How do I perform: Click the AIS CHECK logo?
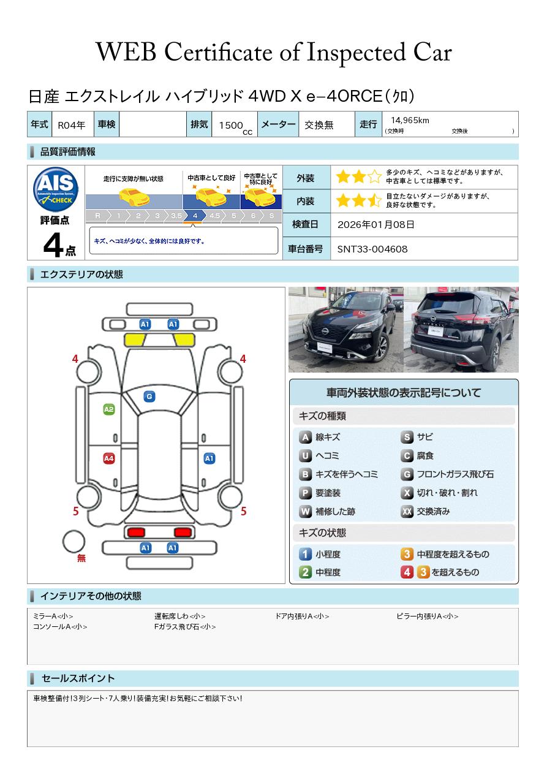pyautogui.click(x=56, y=189)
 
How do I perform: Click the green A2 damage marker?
pyautogui.click(x=109, y=409)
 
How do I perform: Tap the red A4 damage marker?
pyautogui.click(x=109, y=458)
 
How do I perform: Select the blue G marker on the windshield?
pyautogui.click(x=149, y=396)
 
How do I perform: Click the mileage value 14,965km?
pyautogui.click(x=410, y=120)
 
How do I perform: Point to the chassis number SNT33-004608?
pyautogui.click(x=372, y=249)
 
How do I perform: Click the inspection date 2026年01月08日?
pyautogui.click(x=375, y=224)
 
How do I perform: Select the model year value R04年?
pyautogui.click(x=72, y=125)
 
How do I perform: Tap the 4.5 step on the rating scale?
pyautogui.click(x=215, y=216)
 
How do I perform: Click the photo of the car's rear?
pyautogui.click(x=461, y=329)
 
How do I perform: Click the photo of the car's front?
pyautogui.click(x=346, y=329)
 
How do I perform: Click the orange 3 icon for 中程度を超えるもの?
pyautogui.click(x=407, y=554)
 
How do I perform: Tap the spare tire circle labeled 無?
pyautogui.click(x=74, y=541)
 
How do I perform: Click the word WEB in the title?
pyautogui.click(x=126, y=52)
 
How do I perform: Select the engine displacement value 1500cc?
pyautogui.click(x=235, y=126)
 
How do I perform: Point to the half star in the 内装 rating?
pyautogui.click(x=374, y=200)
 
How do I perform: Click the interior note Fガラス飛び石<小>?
pyautogui.click(x=185, y=627)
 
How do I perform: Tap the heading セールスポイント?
pyautogui.click(x=78, y=678)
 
